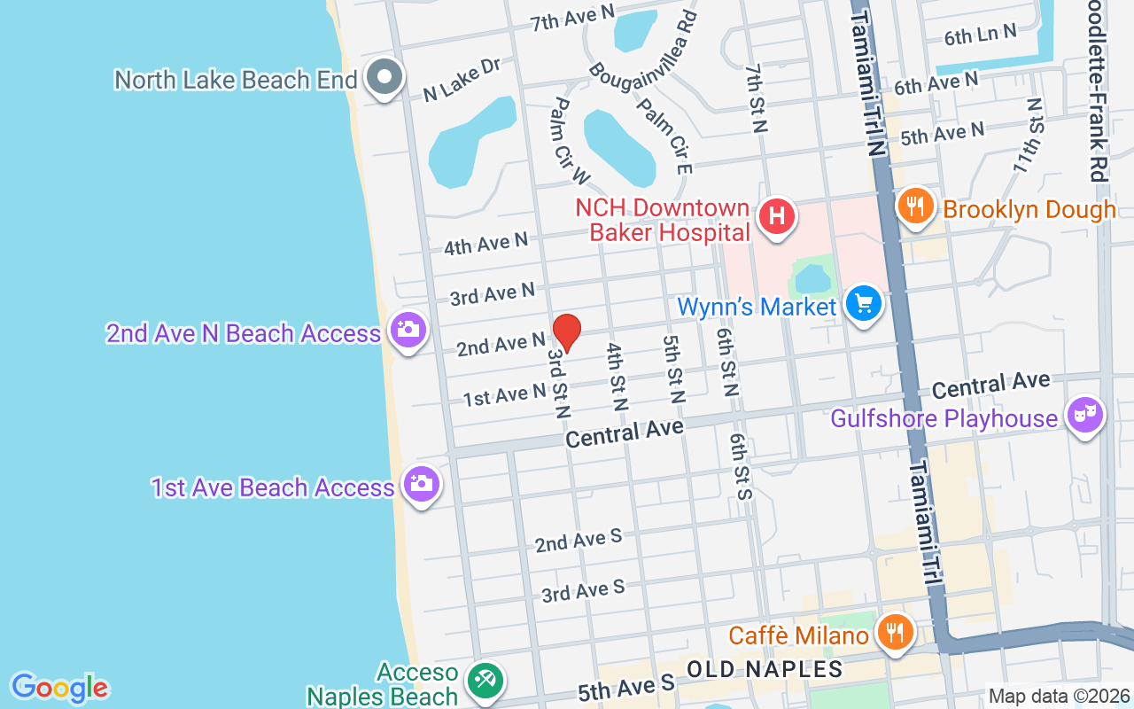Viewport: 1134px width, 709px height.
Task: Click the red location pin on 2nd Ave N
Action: click(567, 332)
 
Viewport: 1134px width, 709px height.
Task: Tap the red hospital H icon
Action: click(777, 215)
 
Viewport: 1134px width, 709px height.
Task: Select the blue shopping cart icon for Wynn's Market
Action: click(864, 303)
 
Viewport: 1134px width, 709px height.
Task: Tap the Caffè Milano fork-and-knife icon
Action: click(896, 632)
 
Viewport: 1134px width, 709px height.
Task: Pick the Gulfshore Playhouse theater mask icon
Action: click(1085, 414)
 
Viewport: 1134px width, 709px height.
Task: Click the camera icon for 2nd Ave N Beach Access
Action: click(408, 330)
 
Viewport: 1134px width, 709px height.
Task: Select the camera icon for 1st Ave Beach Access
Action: click(421, 483)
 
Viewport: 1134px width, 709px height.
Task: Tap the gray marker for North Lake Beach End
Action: click(384, 76)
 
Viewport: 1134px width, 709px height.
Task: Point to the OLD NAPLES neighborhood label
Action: click(764, 667)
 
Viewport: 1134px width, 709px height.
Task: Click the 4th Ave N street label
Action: click(485, 243)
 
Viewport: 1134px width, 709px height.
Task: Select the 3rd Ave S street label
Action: click(583, 590)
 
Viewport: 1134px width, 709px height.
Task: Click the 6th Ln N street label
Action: click(980, 35)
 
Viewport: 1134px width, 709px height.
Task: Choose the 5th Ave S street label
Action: click(626, 686)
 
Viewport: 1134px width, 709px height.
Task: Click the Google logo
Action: click(59, 688)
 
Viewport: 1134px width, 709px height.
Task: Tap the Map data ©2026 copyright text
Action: click(1059, 697)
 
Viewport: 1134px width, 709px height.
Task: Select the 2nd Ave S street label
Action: click(578, 541)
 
